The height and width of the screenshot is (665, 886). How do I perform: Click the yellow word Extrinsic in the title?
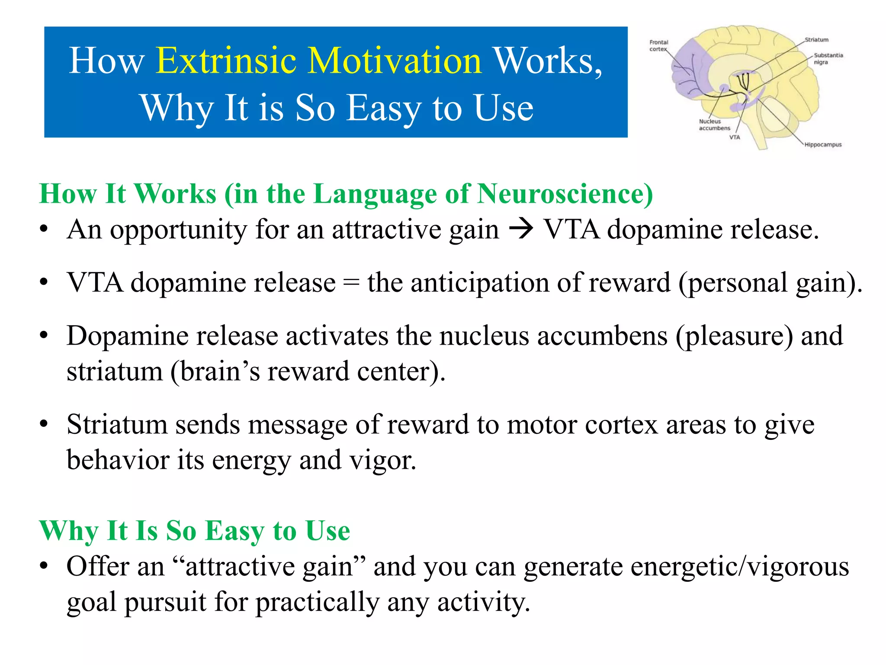click(226, 61)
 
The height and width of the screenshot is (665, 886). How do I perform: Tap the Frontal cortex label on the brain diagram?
click(658, 45)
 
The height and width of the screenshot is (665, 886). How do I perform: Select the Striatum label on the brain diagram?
click(816, 40)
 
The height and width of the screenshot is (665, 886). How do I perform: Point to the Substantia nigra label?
click(828, 58)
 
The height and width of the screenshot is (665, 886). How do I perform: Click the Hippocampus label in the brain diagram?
click(823, 145)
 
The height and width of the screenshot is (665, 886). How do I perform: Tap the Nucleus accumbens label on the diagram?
click(714, 125)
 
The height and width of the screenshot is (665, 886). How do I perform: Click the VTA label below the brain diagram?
click(735, 137)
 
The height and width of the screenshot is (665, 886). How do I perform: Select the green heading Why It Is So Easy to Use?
click(194, 530)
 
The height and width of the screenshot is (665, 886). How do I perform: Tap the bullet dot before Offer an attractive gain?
click(43, 566)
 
